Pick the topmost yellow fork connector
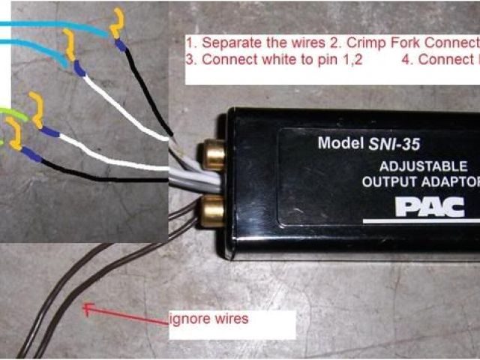(117, 23)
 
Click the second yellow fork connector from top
(69, 46)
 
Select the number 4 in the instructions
(406, 61)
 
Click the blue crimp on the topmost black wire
(120, 45)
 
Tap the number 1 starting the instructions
(190, 42)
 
